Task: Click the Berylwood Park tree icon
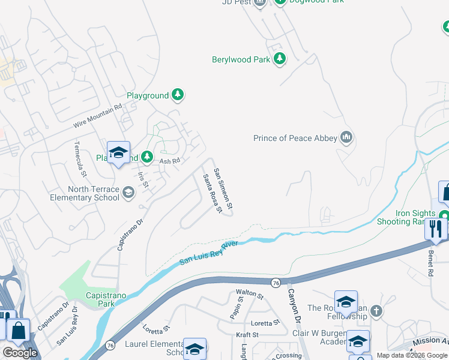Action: (x=279, y=59)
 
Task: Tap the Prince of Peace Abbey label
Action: (x=295, y=138)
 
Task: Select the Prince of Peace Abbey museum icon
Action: (x=346, y=138)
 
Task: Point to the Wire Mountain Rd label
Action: (x=97, y=115)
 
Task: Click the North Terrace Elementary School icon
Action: (x=128, y=193)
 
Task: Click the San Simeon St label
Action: (x=224, y=188)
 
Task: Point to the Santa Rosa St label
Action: (x=212, y=193)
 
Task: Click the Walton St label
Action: (x=250, y=295)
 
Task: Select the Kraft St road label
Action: (x=247, y=334)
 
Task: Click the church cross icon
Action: (x=376, y=311)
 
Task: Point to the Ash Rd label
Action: (x=170, y=161)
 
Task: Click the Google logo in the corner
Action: (x=20, y=353)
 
